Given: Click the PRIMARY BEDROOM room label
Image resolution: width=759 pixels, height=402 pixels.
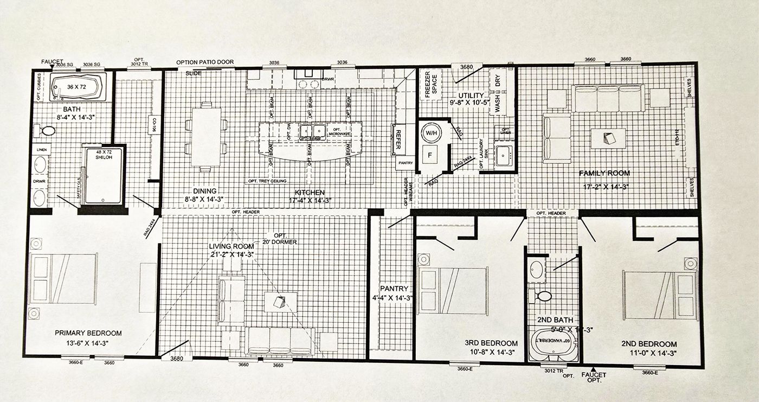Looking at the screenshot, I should click(88, 333).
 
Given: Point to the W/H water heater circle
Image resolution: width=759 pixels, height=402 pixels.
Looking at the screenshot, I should click(432, 132).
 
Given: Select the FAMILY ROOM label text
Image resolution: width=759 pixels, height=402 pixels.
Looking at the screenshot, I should click(604, 173).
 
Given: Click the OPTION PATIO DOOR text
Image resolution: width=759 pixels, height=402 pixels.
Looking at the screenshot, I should click(205, 62).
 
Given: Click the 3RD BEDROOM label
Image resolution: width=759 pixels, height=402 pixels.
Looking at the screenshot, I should click(491, 343).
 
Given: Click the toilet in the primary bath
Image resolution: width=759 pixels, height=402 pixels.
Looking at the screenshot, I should click(48, 131).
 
